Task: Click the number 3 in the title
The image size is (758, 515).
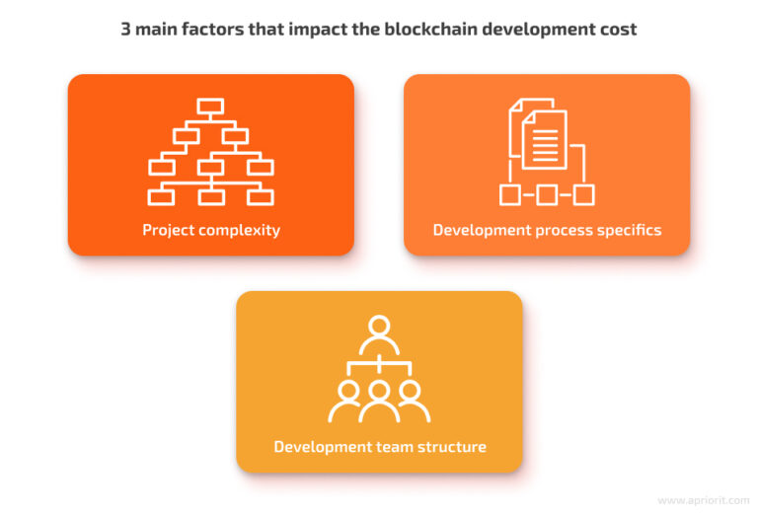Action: [126, 29]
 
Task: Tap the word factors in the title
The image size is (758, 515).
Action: [216, 29]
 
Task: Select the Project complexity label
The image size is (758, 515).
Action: [210, 230]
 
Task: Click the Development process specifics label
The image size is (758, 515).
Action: [547, 230]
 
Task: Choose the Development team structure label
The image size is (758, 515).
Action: [379, 447]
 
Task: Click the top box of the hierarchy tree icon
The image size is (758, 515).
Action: [210, 107]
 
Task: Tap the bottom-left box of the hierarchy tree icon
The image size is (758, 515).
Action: [161, 196]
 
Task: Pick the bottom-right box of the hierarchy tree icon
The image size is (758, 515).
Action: [260, 196]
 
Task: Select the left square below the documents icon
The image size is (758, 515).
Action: [509, 194]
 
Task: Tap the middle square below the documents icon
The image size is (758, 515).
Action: [546, 194]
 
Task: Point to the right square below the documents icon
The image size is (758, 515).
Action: [583, 194]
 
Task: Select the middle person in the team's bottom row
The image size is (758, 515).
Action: [379, 400]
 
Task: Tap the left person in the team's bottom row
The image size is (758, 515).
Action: [343, 400]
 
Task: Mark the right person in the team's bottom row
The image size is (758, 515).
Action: [415, 400]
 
